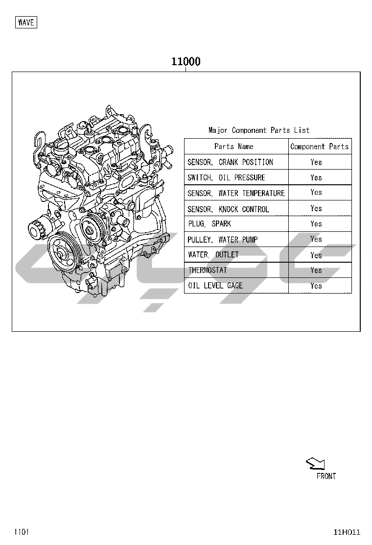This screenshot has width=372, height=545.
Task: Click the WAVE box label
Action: click(26, 23)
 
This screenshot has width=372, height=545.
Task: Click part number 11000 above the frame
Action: click(186, 62)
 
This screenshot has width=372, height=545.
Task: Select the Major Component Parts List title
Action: click(259, 130)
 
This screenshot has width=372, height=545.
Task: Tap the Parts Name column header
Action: click(233, 147)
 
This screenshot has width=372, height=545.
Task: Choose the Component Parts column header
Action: click(319, 147)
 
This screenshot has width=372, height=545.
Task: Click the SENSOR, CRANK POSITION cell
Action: click(230, 162)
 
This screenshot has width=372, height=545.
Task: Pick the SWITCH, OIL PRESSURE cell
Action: click(226, 177)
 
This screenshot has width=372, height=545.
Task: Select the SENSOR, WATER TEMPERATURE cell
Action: click(236, 193)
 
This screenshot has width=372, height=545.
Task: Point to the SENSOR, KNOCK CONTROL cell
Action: click(228, 209)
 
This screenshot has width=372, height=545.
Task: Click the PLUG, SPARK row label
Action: click(209, 224)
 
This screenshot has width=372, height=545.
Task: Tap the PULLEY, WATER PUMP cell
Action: click(222, 240)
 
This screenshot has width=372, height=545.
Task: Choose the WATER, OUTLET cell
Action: click(213, 255)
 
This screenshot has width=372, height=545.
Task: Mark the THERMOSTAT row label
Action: click(208, 270)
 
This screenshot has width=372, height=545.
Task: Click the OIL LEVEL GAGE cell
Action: click(215, 286)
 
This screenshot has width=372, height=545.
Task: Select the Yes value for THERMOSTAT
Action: click(316, 271)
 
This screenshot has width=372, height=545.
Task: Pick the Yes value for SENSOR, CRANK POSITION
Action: click(316, 162)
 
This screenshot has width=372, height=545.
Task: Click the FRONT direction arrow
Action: click(315, 464)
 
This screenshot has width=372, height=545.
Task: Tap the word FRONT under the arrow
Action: click(326, 476)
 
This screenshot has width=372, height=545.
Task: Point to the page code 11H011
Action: click(347, 532)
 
